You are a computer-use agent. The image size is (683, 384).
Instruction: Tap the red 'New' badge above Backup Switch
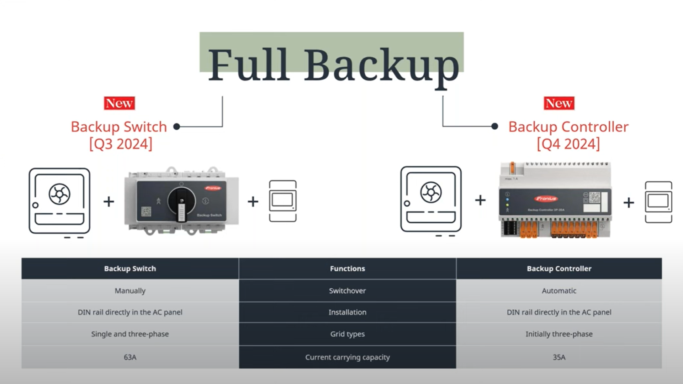pyautogui.click(x=120, y=103)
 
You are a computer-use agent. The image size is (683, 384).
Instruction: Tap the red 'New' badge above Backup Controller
pyautogui.click(x=559, y=103)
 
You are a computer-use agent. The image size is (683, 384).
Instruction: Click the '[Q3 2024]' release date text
pyautogui.click(x=121, y=144)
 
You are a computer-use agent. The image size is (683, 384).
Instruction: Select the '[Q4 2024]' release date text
pyautogui.click(x=568, y=144)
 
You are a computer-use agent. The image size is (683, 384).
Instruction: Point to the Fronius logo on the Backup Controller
pyautogui.click(x=546, y=198)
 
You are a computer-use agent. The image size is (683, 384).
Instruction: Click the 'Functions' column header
pyautogui.click(x=347, y=269)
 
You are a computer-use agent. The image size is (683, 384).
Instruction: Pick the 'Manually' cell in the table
pyautogui.click(x=130, y=291)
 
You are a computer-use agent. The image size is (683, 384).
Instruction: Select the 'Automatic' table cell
pyautogui.click(x=559, y=291)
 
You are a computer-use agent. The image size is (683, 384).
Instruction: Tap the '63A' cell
pyautogui.click(x=130, y=357)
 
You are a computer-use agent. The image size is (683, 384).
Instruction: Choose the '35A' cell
pyautogui.click(x=559, y=357)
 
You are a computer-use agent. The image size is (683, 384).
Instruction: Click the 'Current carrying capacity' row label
pyautogui.click(x=347, y=357)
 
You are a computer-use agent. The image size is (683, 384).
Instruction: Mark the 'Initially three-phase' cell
pyautogui.click(x=559, y=334)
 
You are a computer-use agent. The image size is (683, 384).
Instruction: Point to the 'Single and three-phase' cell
pyautogui.click(x=130, y=334)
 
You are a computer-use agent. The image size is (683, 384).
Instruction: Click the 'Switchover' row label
pyautogui.click(x=347, y=291)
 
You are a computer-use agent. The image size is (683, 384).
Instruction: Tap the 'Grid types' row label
pyautogui.click(x=347, y=334)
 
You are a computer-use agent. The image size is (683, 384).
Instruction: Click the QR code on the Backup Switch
pyautogui.click(x=146, y=212)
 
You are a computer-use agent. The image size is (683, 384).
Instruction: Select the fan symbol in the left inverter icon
pyautogui.click(x=59, y=194)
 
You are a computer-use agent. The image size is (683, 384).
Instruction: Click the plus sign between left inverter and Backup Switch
pyautogui.click(x=109, y=202)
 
